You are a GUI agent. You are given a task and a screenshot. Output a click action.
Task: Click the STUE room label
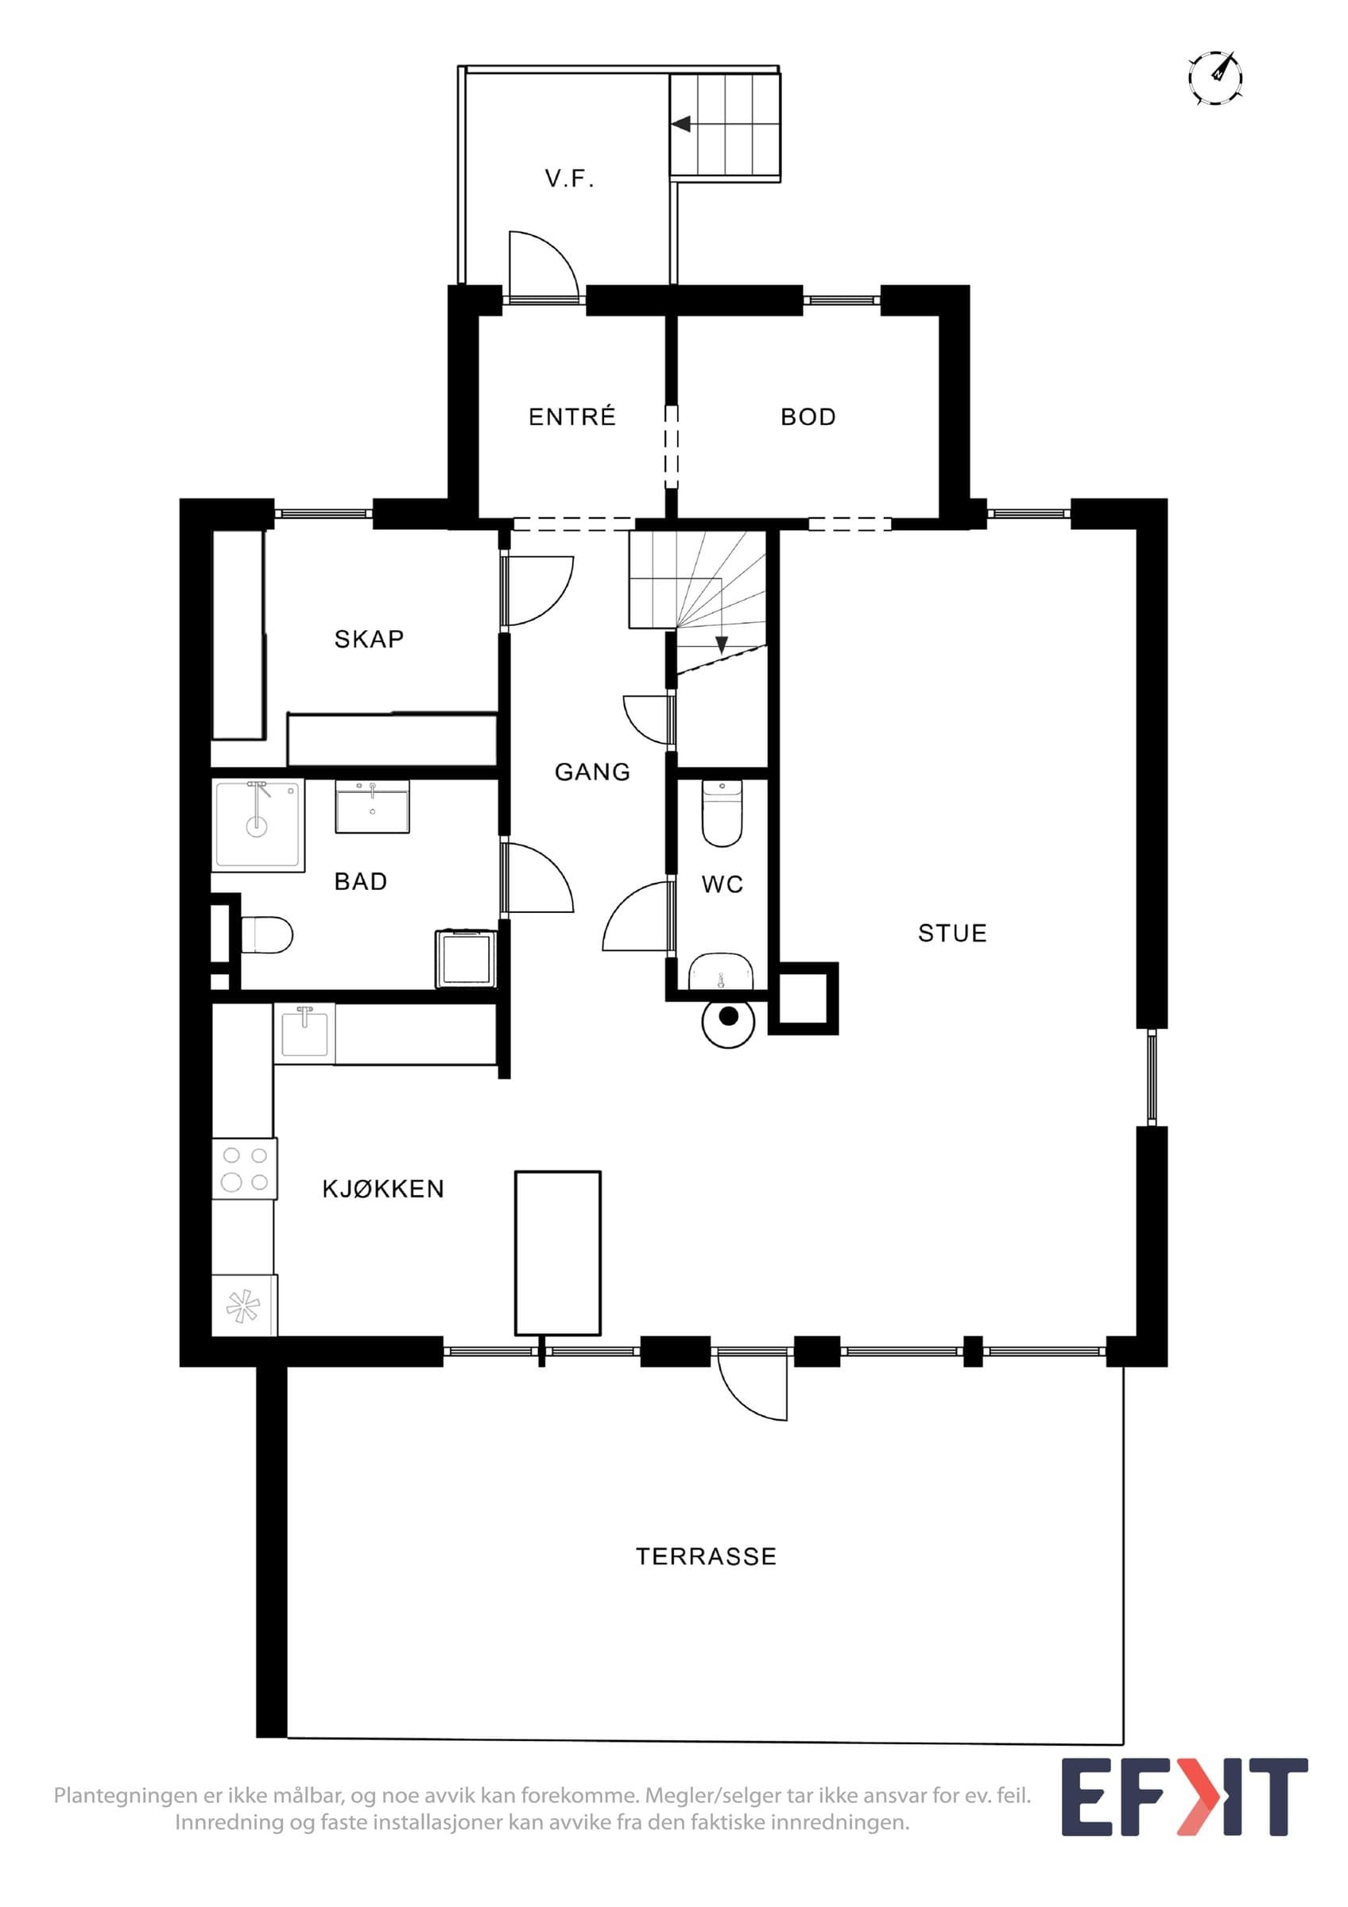click(952, 934)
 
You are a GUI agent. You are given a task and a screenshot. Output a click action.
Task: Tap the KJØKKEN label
click(383, 1189)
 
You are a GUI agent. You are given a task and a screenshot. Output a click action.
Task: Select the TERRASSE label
click(706, 1556)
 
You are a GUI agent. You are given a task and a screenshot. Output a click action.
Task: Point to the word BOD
click(808, 417)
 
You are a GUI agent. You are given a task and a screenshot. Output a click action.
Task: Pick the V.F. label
click(570, 179)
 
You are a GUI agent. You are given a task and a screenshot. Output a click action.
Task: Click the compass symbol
click(1215, 78)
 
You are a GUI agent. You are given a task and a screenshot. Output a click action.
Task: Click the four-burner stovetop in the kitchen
click(244, 1168)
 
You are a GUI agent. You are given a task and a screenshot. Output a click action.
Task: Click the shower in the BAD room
click(258, 824)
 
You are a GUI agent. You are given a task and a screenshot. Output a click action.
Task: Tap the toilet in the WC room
click(722, 812)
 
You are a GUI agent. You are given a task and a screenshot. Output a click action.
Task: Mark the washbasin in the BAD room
click(372, 806)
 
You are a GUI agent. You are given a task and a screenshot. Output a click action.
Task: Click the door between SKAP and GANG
click(538, 590)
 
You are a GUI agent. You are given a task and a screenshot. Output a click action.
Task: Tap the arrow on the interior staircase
click(722, 642)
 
